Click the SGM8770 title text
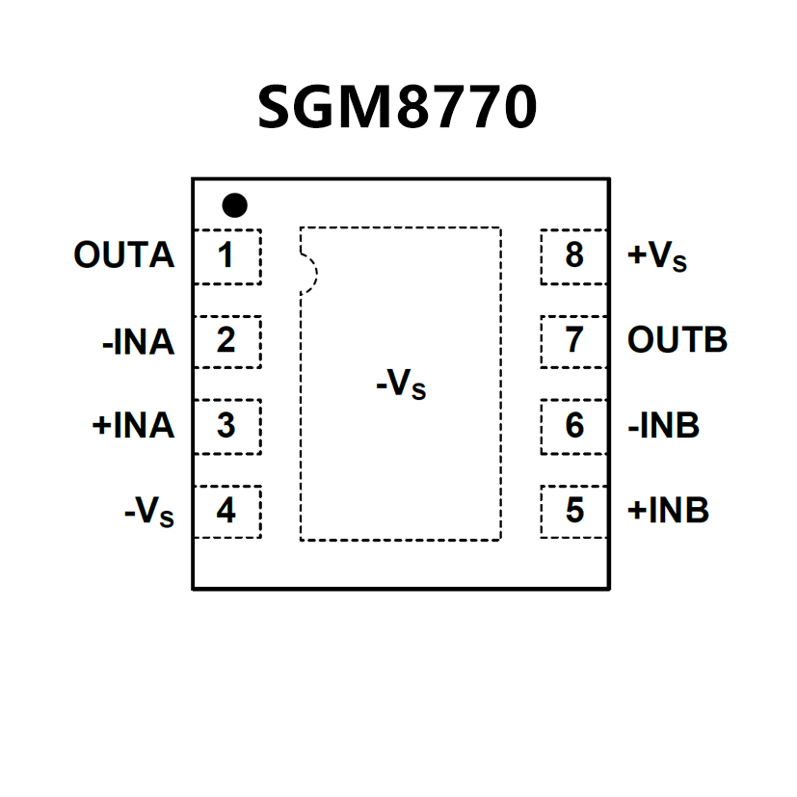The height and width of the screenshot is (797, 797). (x=397, y=107)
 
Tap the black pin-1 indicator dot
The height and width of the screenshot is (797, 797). (x=234, y=204)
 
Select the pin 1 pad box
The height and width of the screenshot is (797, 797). (x=226, y=256)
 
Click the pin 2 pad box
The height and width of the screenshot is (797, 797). (x=226, y=341)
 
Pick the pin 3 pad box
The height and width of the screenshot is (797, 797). (x=226, y=425)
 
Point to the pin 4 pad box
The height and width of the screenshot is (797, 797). (x=226, y=511)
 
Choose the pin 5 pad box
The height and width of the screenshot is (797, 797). (x=574, y=511)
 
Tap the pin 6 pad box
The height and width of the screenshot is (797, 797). (x=574, y=425)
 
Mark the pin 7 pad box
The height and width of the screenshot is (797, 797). (x=574, y=341)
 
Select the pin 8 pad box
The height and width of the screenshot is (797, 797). (x=574, y=256)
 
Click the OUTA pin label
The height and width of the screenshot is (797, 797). (x=124, y=256)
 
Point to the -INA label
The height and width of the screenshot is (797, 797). (x=138, y=342)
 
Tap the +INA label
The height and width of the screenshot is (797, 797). (x=133, y=426)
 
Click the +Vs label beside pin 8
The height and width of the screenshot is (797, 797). (x=657, y=257)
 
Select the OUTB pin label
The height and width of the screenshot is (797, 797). (x=677, y=341)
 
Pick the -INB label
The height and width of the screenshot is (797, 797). (x=663, y=426)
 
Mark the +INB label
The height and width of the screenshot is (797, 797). (x=668, y=511)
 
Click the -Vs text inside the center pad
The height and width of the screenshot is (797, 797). (x=400, y=386)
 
